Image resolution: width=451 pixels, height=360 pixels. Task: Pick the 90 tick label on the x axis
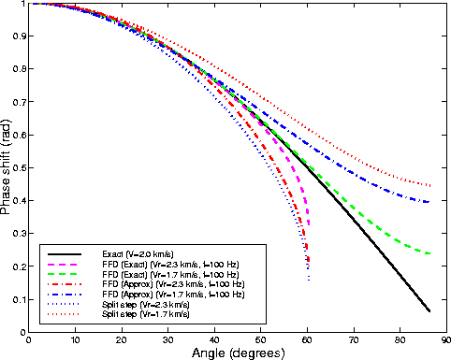(446, 339)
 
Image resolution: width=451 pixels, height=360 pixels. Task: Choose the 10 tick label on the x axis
(76, 339)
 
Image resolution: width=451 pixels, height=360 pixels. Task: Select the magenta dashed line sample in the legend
(65, 264)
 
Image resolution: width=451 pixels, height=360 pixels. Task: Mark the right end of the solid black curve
(429, 310)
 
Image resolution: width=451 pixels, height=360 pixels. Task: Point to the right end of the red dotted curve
(429, 186)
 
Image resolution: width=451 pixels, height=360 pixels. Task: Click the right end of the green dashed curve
(429, 253)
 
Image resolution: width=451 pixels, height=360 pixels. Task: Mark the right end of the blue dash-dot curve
(429, 202)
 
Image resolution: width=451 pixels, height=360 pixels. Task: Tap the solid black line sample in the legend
(65, 253)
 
